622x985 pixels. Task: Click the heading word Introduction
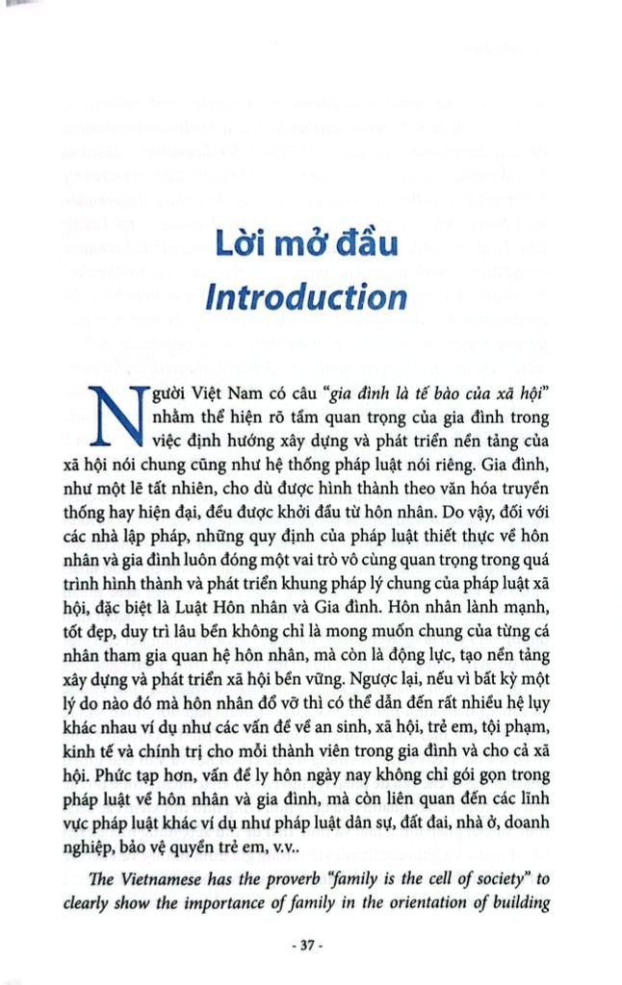(x=306, y=296)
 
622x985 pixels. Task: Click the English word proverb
(x=334, y=879)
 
